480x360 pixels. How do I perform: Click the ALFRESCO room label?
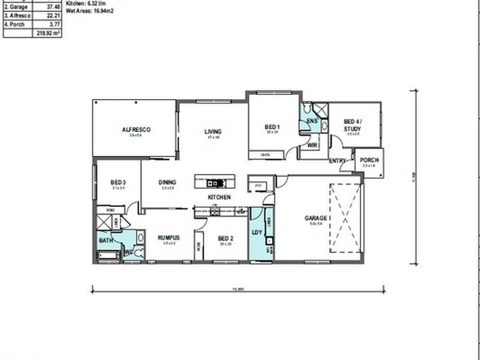[136, 130]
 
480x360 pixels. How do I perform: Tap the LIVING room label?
[212, 131]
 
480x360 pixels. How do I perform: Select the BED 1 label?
[272, 127]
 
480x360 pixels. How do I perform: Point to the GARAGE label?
[316, 218]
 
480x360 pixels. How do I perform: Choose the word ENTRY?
[337, 161]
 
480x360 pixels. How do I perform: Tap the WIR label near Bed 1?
[312, 145]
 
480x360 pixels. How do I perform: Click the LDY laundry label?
[257, 232]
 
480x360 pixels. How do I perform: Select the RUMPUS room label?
[169, 238]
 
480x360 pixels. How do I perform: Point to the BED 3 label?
[118, 182]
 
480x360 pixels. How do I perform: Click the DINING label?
[167, 182]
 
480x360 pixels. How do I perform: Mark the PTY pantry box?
[259, 186]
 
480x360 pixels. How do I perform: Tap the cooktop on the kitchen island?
[214, 183]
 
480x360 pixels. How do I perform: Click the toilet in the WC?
[137, 253]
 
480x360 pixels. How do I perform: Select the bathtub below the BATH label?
[109, 256]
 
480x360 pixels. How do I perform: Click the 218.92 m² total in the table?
[48, 34]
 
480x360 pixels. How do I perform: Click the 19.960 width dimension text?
[238, 288]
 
